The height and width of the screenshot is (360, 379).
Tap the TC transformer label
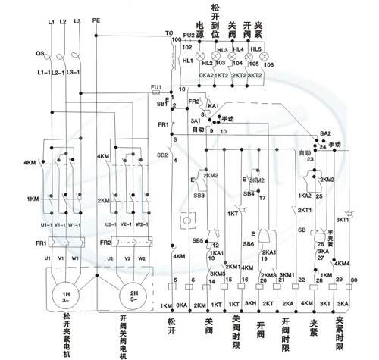tap(168, 33)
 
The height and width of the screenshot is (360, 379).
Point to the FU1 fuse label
tap(156, 89)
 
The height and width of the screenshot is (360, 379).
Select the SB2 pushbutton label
tap(161, 155)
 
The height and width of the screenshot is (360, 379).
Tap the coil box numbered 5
tap(176, 282)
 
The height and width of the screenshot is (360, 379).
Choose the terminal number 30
tap(355, 282)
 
